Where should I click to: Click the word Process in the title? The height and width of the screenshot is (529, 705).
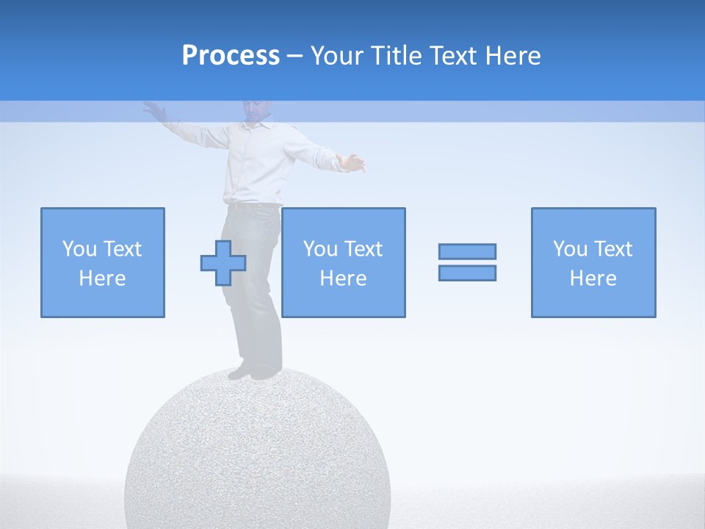231,56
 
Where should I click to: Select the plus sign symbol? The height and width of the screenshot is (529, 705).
223,263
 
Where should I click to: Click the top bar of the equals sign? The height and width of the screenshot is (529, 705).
467,251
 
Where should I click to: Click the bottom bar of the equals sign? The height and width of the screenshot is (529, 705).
467,273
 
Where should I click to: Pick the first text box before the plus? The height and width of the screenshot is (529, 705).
103,262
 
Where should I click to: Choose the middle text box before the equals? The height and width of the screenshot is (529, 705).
343,262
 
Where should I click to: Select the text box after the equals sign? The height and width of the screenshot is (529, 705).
593,262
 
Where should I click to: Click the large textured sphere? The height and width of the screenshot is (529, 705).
257,456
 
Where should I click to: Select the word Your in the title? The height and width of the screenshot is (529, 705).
335,56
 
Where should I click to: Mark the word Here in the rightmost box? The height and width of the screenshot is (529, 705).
593,278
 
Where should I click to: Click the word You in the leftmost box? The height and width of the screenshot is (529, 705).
79,249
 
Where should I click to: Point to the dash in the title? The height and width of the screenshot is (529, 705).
295,57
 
